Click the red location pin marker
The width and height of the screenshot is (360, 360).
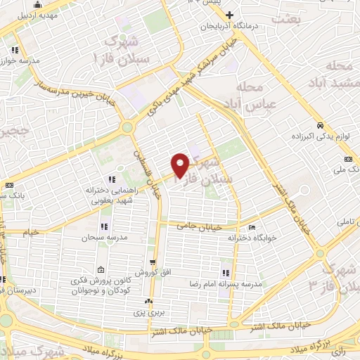[180, 165]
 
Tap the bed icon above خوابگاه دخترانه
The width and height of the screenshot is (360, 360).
[252, 227]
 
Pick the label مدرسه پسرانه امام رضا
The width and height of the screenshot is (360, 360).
[252, 284]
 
